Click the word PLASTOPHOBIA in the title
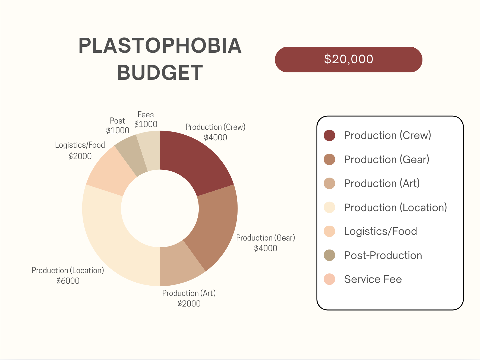coord(160,46)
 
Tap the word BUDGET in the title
coord(160,72)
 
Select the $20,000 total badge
coord(349,59)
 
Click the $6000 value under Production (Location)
coord(68,281)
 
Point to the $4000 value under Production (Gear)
coord(266,248)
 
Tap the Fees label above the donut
coord(146,115)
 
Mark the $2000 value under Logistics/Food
coord(80,156)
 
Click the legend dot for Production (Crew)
coord(329,135)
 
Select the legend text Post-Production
coord(383,255)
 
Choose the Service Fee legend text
coord(373,279)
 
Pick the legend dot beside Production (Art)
coord(329,183)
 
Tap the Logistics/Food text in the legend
coord(381,231)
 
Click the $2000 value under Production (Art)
coord(189,304)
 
